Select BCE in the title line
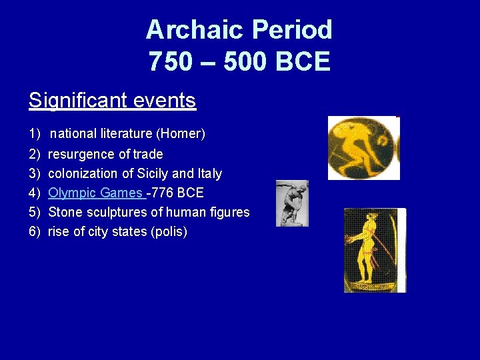tap(303, 62)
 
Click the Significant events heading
tap(112, 101)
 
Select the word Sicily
tap(146, 173)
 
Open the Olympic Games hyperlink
tap(95, 193)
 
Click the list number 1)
tap(35, 134)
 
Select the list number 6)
tap(35, 232)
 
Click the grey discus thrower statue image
tap(292, 203)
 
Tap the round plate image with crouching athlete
tap(363, 148)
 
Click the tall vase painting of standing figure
tap(374, 250)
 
